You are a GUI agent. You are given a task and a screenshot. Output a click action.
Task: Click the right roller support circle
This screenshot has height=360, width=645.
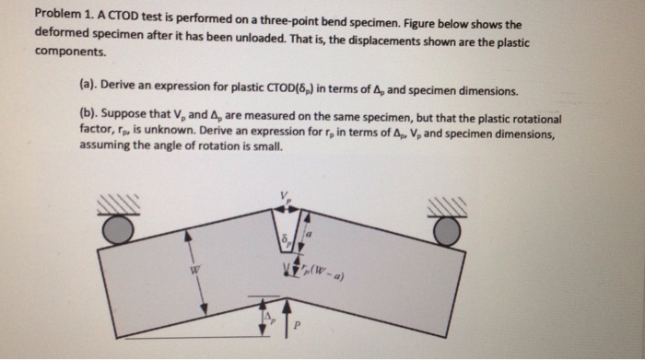click(x=447, y=230)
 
